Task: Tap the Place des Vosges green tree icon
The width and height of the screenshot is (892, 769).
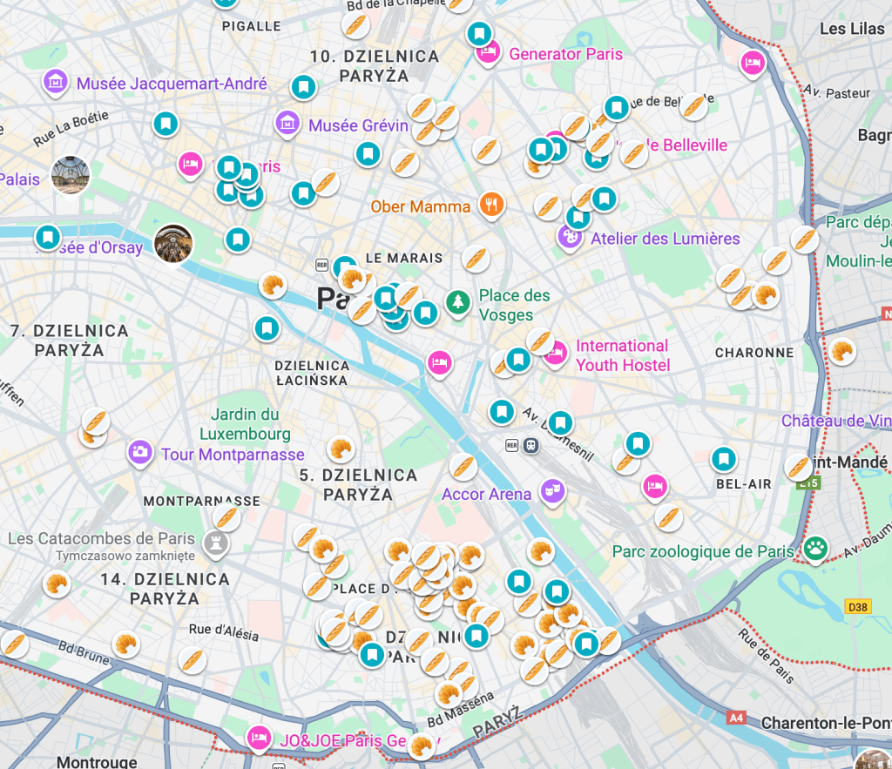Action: (x=456, y=303)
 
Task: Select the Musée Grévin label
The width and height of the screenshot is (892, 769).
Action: (x=358, y=125)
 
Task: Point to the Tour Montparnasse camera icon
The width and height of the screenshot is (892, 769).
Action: (x=139, y=451)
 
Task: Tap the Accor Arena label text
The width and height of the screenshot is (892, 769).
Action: (x=486, y=494)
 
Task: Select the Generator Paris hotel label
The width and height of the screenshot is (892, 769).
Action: (x=565, y=54)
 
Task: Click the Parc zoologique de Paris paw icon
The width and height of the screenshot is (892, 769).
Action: (x=815, y=548)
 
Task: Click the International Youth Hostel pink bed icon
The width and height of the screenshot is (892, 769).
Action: (x=556, y=353)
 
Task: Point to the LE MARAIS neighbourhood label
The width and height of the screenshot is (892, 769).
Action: (x=404, y=258)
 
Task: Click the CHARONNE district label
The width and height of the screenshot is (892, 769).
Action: (x=753, y=353)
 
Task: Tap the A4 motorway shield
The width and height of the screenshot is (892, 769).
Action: (x=735, y=718)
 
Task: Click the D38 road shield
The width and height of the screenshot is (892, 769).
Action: (x=857, y=607)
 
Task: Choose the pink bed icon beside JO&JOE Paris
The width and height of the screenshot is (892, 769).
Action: (x=258, y=738)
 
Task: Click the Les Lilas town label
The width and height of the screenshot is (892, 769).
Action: (x=851, y=29)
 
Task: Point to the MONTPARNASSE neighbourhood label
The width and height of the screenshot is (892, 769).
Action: (x=201, y=501)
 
